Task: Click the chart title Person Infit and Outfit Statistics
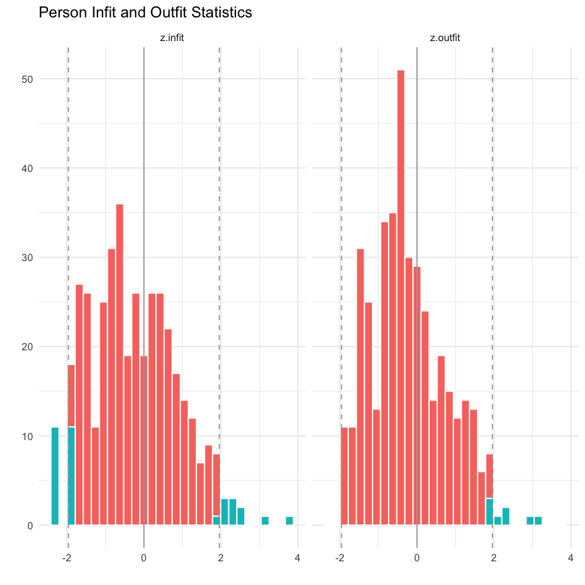click(x=145, y=13)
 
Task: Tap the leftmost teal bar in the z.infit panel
click(x=55, y=476)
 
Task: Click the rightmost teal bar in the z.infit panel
click(x=289, y=520)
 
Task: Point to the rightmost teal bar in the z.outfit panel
click(x=538, y=520)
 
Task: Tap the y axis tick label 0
click(x=30, y=526)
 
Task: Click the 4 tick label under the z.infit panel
click(x=297, y=558)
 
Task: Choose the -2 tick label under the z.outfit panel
click(x=340, y=558)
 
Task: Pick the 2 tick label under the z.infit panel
click(x=220, y=558)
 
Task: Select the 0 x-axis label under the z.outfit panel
click(x=416, y=558)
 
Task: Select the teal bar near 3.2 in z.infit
click(x=265, y=520)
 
